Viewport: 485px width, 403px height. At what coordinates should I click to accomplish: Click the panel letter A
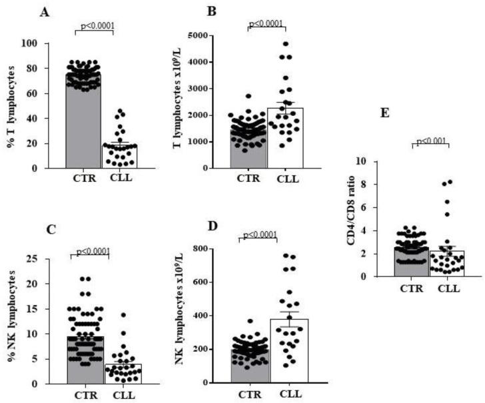click(x=45, y=11)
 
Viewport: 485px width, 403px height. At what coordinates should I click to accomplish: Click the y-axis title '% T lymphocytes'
click(x=10, y=106)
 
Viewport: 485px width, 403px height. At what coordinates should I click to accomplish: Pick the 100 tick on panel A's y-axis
click(x=49, y=43)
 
